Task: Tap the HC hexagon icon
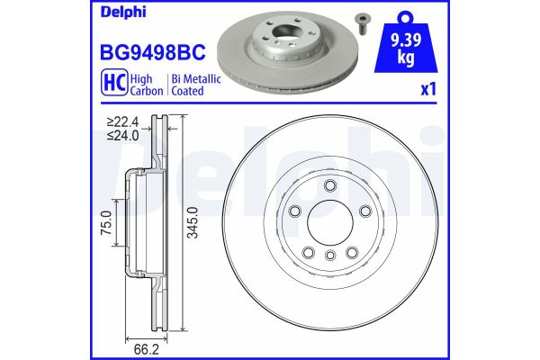click(x=103, y=85)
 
